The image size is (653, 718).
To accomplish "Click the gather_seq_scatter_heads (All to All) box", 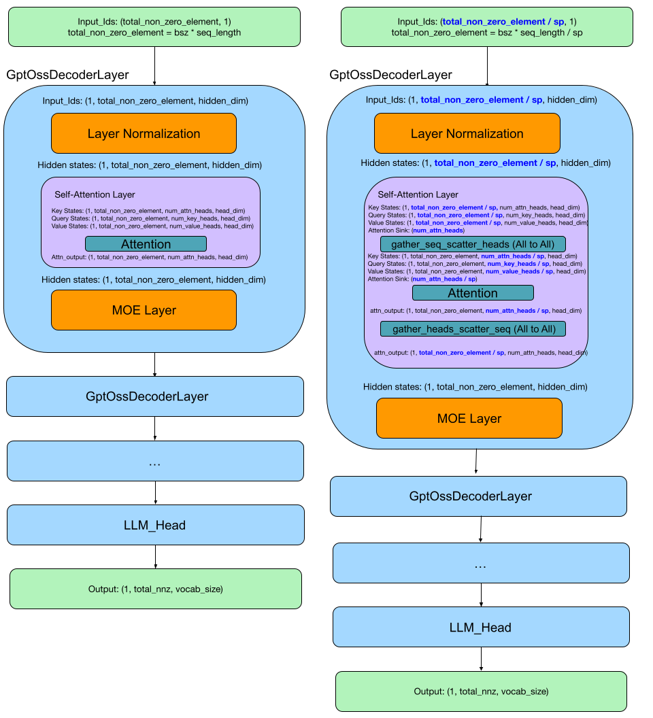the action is pyautogui.click(x=473, y=243).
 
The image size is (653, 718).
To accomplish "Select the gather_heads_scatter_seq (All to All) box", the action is pyautogui.click(x=473, y=329).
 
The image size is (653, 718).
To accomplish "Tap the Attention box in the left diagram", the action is pyautogui.click(x=146, y=243).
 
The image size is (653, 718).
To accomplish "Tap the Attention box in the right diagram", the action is pyautogui.click(x=473, y=292).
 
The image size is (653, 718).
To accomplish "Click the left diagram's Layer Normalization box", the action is pyautogui.click(x=144, y=133).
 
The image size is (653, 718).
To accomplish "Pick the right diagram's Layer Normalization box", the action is pyautogui.click(x=467, y=133).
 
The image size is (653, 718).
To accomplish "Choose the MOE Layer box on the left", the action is pyautogui.click(x=144, y=310).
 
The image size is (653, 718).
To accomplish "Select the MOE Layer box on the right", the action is pyautogui.click(x=469, y=418).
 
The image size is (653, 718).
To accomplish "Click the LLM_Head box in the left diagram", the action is pyautogui.click(x=155, y=525).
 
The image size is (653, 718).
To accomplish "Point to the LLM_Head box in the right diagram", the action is pyautogui.click(x=481, y=627).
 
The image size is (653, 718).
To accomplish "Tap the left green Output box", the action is pyautogui.click(x=155, y=589).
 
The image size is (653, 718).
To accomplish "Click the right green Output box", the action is pyautogui.click(x=481, y=691).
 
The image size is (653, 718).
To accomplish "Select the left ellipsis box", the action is pyautogui.click(x=155, y=461).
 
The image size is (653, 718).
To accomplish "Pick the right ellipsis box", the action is pyautogui.click(x=481, y=563).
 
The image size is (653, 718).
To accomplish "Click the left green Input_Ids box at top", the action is pyautogui.click(x=154, y=27).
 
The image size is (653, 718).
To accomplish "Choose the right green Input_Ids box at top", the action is pyautogui.click(x=486, y=27).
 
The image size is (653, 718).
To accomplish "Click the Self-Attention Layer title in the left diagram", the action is pyautogui.click(x=95, y=194).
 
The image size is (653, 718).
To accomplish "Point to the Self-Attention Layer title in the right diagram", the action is pyautogui.click(x=418, y=194).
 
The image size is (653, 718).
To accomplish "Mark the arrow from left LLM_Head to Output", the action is pyautogui.click(x=155, y=557).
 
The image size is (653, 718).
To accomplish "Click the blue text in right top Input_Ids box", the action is pyautogui.click(x=503, y=22).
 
